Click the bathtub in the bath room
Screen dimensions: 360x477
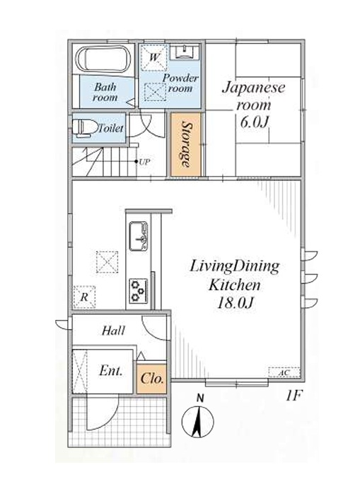(x=103, y=59)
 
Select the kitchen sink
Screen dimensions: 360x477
(x=139, y=236)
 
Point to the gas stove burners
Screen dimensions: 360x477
(x=139, y=291)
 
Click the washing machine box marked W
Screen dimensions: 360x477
(x=154, y=58)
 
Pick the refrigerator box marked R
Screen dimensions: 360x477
(x=84, y=297)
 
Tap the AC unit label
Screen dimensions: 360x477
(x=284, y=372)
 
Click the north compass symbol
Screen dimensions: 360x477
(x=198, y=418)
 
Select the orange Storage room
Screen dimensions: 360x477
(x=185, y=144)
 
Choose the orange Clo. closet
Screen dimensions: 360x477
(x=152, y=379)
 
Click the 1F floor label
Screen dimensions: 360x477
(x=294, y=396)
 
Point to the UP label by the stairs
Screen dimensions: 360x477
(x=144, y=162)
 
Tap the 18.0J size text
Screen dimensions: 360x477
(x=235, y=303)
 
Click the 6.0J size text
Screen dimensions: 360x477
(x=255, y=122)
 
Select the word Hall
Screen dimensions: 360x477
(x=113, y=331)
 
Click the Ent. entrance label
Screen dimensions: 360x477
(x=111, y=371)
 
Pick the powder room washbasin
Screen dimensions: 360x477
(x=185, y=52)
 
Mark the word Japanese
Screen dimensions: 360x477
(x=254, y=88)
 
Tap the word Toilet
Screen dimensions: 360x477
(x=111, y=128)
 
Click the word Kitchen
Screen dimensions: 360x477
(x=234, y=285)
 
